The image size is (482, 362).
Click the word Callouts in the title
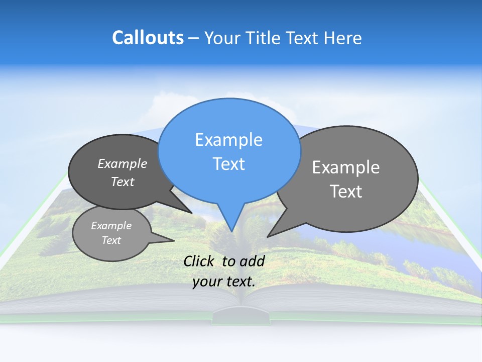click(x=148, y=38)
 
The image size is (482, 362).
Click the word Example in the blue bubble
click(x=228, y=140)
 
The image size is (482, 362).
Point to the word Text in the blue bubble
click(x=228, y=164)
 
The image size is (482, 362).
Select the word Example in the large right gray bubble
click(x=346, y=167)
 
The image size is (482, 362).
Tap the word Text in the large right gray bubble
click(x=346, y=192)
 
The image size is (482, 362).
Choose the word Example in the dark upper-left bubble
click(x=122, y=163)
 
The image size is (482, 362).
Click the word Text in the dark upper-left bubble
click(x=122, y=182)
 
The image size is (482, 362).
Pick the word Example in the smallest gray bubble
click(x=111, y=226)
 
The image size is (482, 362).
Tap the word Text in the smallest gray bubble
click(x=111, y=240)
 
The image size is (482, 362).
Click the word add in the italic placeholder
click(x=252, y=261)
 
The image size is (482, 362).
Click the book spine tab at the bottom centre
click(x=241, y=317)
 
